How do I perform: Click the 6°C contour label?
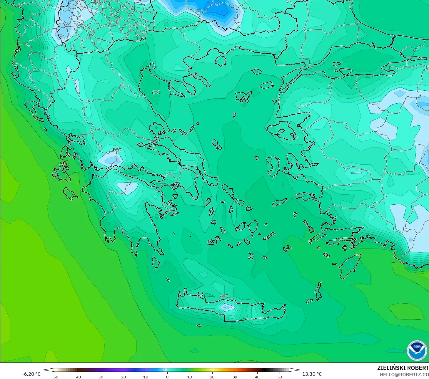coord(156,92)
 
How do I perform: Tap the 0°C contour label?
coord(117,150)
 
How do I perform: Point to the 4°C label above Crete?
coord(224,296)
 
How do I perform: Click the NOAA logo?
coord(417,350)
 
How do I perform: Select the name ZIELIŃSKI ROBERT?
coord(403,368)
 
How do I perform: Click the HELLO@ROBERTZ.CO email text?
coord(404,375)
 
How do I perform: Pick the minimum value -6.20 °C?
coord(31,374)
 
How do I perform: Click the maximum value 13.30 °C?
coord(312,374)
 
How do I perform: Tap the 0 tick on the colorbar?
coord(167,377)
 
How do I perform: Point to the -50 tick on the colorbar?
coord(55,377)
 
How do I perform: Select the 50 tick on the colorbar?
coord(280,377)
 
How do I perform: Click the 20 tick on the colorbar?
coord(212,377)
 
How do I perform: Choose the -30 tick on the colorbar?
coord(100,377)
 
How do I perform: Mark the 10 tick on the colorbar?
coord(190,377)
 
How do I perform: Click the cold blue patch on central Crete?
coord(227,307)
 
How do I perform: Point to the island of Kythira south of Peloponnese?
coord(156,262)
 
